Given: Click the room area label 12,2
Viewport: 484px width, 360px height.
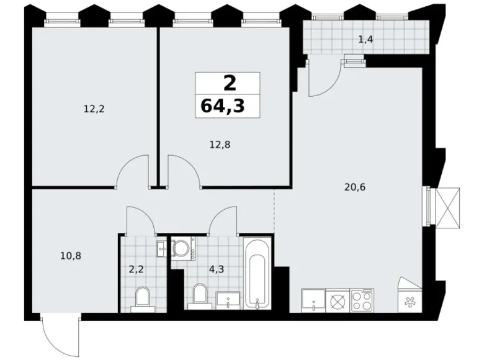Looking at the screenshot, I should point(94,109).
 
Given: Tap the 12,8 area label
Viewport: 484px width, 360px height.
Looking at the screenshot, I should point(219,145).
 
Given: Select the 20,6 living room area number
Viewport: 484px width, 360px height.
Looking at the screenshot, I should point(354,186).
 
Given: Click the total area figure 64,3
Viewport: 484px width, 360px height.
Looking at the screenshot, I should point(222,106).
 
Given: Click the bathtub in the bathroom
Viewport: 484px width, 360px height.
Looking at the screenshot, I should point(256,273).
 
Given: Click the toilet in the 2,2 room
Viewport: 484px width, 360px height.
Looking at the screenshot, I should point(141,298).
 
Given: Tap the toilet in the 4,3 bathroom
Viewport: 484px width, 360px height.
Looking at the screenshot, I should point(199,295).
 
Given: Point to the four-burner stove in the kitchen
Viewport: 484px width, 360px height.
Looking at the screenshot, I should point(362,300).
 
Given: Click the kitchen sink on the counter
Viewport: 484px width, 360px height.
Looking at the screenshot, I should point(313,300).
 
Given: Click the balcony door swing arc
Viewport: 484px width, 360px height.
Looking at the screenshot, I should point(324,81).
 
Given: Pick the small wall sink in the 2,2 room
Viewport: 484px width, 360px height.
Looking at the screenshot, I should point(162,249).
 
